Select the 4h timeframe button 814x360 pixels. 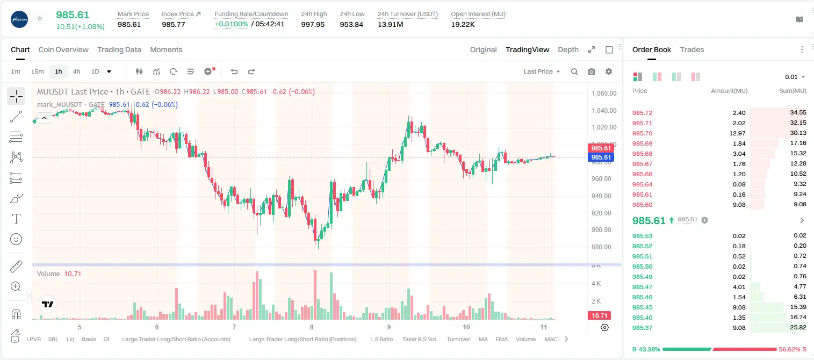(76, 71)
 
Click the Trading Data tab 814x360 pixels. (119, 50)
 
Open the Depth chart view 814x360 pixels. (568, 50)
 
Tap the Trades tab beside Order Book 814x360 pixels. (692, 50)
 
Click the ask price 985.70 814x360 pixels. (642, 133)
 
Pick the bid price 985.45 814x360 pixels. (642, 307)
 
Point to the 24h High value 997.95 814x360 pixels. (313, 24)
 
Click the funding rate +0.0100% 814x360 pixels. (232, 24)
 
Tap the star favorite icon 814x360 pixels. (40, 18)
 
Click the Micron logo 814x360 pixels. (19, 19)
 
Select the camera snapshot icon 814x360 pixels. (592, 71)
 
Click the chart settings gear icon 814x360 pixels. (609, 71)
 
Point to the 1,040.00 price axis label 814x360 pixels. (604, 111)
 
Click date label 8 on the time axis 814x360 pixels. (312, 327)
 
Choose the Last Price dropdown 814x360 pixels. (542, 71)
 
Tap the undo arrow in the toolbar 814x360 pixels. (234, 71)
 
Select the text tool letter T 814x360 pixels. (16, 219)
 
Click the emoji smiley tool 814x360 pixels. (16, 239)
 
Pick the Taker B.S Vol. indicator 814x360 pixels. (419, 339)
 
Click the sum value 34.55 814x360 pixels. (798, 113)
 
